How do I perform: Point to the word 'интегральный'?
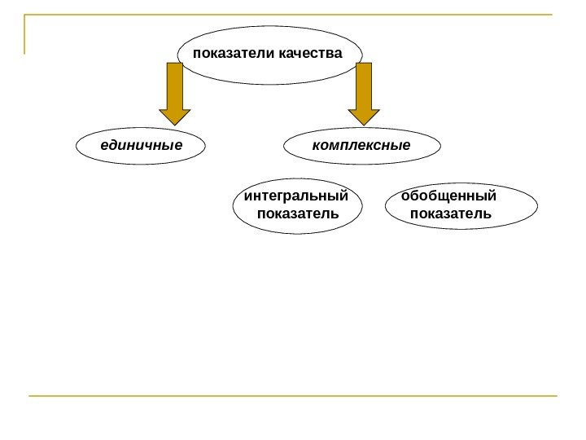pos(296,196)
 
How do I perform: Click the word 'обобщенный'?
pos(448,196)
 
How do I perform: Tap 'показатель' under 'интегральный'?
pos(297,213)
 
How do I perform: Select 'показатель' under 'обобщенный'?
pos(451,213)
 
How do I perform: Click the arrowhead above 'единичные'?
pos(174,117)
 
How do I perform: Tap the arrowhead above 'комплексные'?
pos(364,117)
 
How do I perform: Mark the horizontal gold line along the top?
pos(293,15)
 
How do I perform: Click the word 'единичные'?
pos(141,147)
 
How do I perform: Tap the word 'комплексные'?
pos(361,147)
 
